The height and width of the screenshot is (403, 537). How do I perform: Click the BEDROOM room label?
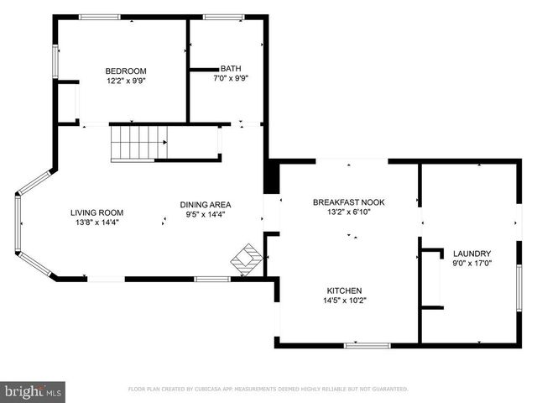[126, 71]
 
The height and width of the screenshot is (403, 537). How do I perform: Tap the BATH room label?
[230, 69]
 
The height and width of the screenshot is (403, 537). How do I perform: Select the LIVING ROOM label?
[96, 212]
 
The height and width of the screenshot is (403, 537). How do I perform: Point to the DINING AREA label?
[206, 205]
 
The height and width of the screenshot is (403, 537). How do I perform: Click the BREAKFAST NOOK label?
[347, 202]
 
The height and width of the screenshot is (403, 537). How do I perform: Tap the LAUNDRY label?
[472, 254]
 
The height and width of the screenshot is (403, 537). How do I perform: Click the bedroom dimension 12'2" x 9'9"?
[126, 81]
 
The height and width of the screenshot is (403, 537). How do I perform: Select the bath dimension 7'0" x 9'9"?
[230, 78]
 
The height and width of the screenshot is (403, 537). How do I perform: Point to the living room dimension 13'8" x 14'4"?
[96, 222]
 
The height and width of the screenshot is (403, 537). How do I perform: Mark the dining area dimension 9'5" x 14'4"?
[206, 214]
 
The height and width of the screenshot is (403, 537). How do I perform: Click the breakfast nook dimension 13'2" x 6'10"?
[347, 212]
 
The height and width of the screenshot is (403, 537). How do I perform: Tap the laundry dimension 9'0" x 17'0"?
[472, 264]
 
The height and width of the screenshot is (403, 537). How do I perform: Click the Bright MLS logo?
[34, 390]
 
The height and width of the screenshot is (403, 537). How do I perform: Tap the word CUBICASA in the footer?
[220, 390]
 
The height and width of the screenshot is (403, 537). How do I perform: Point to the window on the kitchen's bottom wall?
[367, 344]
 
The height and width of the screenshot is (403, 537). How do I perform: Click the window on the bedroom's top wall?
[100, 16]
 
